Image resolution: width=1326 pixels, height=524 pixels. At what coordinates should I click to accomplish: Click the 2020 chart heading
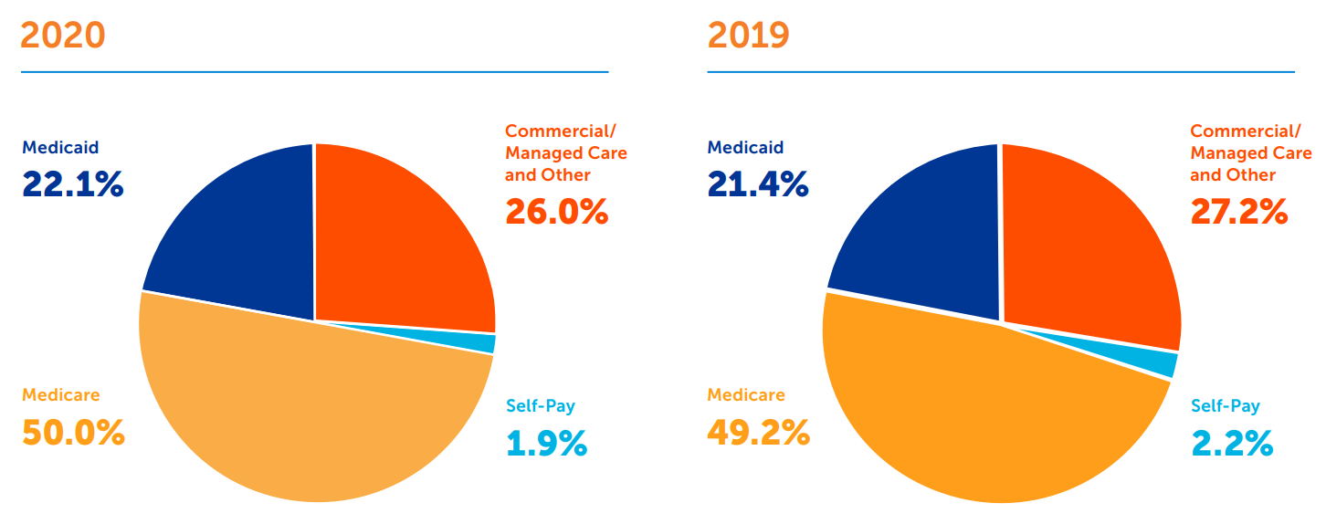63,36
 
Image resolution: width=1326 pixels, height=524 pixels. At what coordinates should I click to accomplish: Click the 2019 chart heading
748,36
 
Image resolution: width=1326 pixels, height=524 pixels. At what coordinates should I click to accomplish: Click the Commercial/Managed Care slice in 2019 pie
1087,246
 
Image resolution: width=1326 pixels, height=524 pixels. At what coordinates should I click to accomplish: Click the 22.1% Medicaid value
72,185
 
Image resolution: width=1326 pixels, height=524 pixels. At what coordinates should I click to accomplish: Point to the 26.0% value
556,212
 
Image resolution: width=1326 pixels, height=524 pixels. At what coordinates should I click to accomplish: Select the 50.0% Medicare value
73,433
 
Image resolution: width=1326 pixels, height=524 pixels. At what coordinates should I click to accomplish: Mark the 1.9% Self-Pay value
546,444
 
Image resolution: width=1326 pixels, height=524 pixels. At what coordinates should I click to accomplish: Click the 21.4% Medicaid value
758,185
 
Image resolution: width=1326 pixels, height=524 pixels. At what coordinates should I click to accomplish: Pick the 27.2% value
1239,212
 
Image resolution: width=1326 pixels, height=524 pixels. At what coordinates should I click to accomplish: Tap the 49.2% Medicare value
758,433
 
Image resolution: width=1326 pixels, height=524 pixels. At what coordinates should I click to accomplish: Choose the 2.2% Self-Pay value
1232,444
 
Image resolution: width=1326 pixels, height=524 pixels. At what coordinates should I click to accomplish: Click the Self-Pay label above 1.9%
541,406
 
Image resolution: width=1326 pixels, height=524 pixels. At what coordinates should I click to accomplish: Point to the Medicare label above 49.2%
745,395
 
